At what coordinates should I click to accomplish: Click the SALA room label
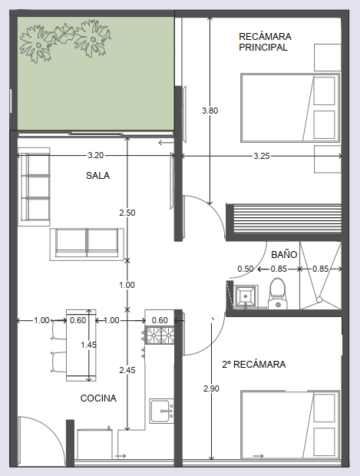[x=97, y=176]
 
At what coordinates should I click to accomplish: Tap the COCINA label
[x=98, y=398]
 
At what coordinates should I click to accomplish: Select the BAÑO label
[x=284, y=254]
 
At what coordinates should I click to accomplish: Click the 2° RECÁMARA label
[x=254, y=364]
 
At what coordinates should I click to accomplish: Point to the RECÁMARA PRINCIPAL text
[x=265, y=42]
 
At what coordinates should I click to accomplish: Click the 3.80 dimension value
[x=210, y=111]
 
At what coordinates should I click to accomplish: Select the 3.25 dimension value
[x=262, y=156]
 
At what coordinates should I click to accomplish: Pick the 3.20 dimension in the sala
[x=96, y=155]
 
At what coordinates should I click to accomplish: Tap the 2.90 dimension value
[x=211, y=388]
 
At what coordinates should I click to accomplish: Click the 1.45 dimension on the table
[x=88, y=345]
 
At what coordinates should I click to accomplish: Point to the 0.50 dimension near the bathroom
[x=246, y=269]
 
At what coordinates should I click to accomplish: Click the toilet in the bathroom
[x=277, y=293]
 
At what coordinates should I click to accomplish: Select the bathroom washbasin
[x=246, y=296]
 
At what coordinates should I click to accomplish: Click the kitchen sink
[x=162, y=411]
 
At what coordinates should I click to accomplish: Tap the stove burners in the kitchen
[x=160, y=336]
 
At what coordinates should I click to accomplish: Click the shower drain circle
[x=319, y=299]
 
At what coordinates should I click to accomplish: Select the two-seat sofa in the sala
[x=87, y=244]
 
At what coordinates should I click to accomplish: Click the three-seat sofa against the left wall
[x=34, y=187]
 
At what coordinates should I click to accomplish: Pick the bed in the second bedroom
[x=290, y=425]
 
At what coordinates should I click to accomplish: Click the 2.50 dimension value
[x=127, y=213]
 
